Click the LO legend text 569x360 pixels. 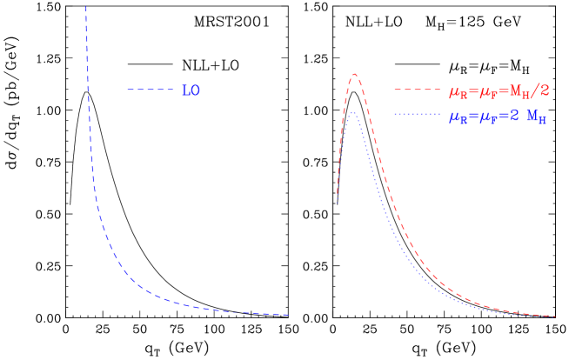[191, 90]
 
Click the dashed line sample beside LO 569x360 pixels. [151, 90]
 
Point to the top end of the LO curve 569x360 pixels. [85, 7]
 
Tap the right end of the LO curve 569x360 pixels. [288, 315]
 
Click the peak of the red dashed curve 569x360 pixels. [354, 74]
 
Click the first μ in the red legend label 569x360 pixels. [454, 91]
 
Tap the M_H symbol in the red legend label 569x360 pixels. [519, 91]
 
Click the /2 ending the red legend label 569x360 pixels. [541, 90]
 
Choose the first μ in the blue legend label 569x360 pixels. [454, 117]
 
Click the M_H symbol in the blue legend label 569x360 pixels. [537, 117]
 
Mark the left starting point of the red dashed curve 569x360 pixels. [338, 193]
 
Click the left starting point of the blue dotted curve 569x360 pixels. [338, 205]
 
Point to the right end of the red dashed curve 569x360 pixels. [556, 316]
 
